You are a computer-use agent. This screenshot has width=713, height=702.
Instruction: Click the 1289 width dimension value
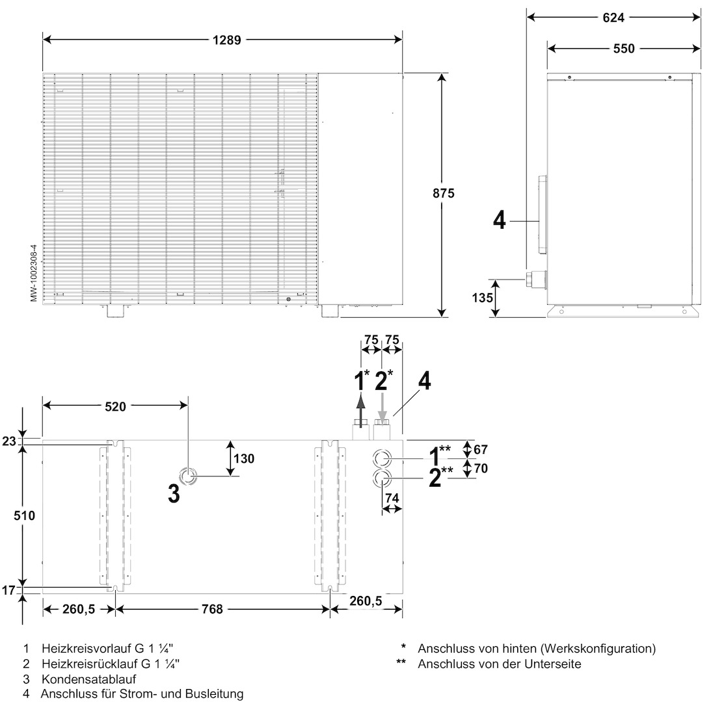[x=226, y=40]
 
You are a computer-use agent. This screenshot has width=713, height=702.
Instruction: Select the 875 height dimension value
[x=442, y=193]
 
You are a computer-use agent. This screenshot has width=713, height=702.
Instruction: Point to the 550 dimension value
[x=623, y=48]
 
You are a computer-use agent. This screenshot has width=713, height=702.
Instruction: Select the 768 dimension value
[x=212, y=609]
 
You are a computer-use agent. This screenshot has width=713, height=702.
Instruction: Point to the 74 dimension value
[x=392, y=498]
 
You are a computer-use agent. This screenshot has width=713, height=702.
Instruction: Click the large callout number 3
[x=174, y=494]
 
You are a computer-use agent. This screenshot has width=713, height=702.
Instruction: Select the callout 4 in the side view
[x=498, y=220]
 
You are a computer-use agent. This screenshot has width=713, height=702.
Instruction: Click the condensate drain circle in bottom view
[x=188, y=476]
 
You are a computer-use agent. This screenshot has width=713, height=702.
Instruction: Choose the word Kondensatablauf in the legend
[x=89, y=679]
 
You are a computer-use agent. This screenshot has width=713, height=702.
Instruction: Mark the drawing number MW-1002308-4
[x=33, y=273]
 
